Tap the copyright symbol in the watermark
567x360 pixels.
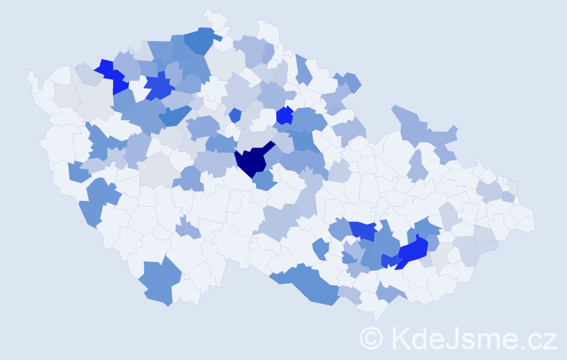coord(371,338)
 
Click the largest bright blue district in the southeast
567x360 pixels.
coord(412,251)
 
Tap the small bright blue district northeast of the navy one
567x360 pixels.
coord(284,115)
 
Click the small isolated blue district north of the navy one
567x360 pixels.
coord(235,114)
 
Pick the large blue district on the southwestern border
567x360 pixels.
coord(156,281)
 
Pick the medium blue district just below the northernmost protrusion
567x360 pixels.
coord(203,42)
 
